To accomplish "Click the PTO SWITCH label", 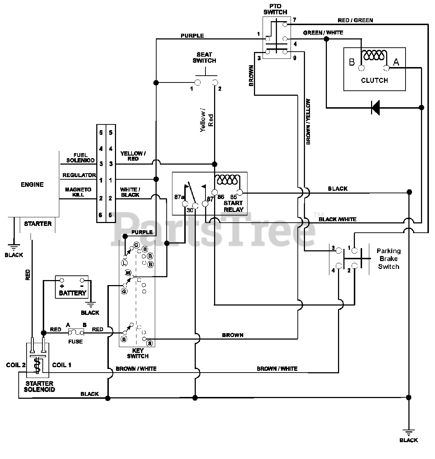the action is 275,9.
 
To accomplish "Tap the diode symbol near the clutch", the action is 376,108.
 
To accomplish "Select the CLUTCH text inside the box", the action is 374,80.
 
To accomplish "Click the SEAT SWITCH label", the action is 204,57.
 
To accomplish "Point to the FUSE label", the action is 75,342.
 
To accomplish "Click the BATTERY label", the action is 73,293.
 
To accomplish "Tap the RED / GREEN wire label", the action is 355,20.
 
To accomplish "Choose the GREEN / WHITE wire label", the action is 323,33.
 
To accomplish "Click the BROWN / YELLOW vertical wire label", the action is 308,122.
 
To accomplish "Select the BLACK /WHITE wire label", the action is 338,219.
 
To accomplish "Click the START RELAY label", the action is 233,207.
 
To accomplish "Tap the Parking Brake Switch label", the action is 388,259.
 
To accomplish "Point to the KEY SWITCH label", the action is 138,353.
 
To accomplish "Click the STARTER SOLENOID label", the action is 39,387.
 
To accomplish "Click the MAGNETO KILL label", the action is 78,192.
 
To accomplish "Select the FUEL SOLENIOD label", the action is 80,157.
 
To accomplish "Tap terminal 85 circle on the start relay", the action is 240,192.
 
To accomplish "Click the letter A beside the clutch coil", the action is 396,62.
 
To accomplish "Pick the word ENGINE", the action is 32,185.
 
